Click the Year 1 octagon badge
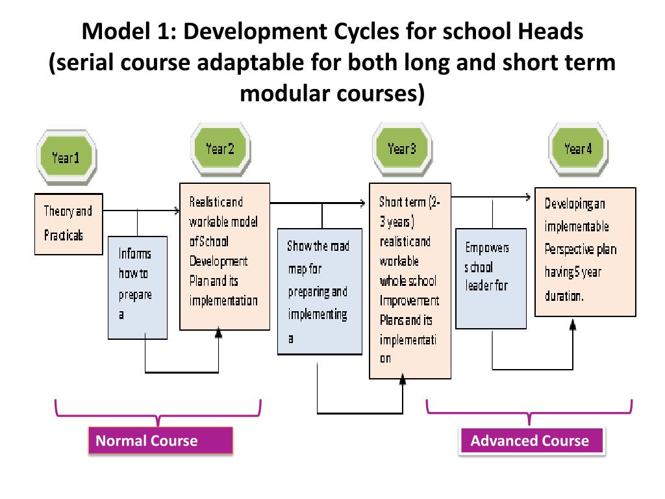[x=66, y=157]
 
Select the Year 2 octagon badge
[x=220, y=149]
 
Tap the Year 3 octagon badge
[x=401, y=149]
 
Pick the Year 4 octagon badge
[x=578, y=149]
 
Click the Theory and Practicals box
[x=68, y=223]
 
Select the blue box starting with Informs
[x=138, y=287]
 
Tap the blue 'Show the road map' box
[x=320, y=291]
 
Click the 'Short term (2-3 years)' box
[x=410, y=281]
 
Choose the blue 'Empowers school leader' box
[x=491, y=278]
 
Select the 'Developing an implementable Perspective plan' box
[x=584, y=251]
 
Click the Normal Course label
[x=160, y=441]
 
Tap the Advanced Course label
[x=531, y=441]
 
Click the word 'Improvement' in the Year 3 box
[x=409, y=301]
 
